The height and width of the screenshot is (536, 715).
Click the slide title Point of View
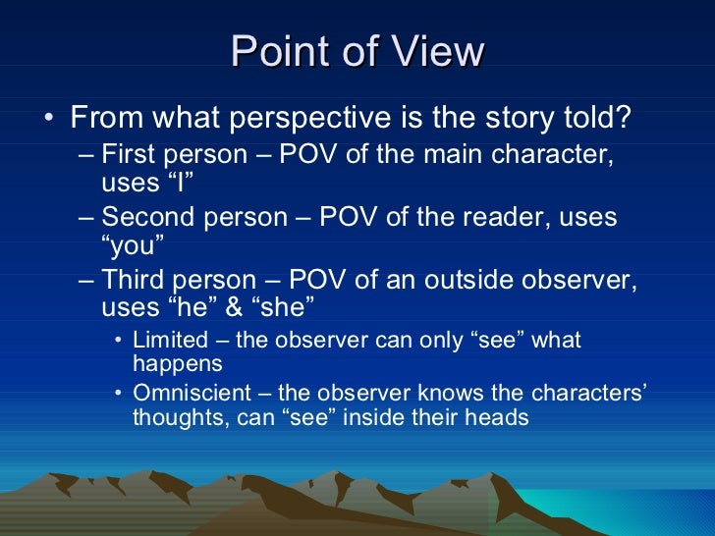pyautogui.click(x=357, y=51)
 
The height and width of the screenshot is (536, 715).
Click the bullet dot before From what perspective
pyautogui.click(x=49, y=120)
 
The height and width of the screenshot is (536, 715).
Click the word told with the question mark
pyautogui.click(x=607, y=119)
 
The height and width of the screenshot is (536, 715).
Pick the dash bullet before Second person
pyautogui.click(x=86, y=217)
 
